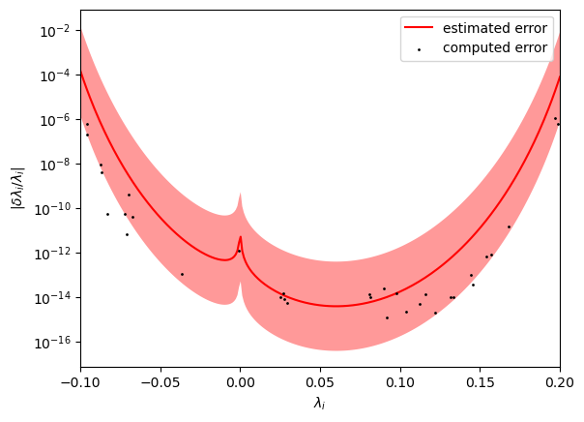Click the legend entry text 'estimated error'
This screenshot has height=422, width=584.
pyautogui.click(x=495, y=28)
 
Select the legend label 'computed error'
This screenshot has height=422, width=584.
pyautogui.click(x=495, y=47)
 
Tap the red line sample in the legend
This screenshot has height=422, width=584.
pyautogui.click(x=419, y=27)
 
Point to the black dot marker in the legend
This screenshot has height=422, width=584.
pyautogui.click(x=419, y=49)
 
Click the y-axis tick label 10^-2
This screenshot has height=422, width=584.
pyautogui.click(x=56, y=31)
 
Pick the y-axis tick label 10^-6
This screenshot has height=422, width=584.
pyautogui.click(x=56, y=120)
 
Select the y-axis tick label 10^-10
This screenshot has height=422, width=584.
pyautogui.click(x=53, y=209)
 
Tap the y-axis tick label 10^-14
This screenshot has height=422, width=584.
pyautogui.click(x=53, y=298)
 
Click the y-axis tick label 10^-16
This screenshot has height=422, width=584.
pyautogui.click(x=53, y=343)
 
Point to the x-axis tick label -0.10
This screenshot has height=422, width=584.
pyautogui.click(x=80, y=382)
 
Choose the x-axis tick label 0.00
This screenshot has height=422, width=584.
pyautogui.click(x=240, y=382)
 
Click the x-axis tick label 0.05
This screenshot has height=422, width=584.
pyautogui.click(x=320, y=382)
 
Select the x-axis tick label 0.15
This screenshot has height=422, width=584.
pyautogui.click(x=481, y=382)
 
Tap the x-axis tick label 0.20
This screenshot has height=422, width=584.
pyautogui.click(x=560, y=382)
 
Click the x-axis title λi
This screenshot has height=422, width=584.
pyautogui.click(x=319, y=403)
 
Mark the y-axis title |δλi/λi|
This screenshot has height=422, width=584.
pyautogui.click(x=17, y=188)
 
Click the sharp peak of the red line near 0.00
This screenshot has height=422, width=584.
pyautogui.click(x=241, y=236)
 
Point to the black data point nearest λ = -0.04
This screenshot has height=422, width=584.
pyautogui.click(x=182, y=274)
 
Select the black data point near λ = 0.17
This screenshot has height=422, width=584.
pyautogui.click(x=509, y=227)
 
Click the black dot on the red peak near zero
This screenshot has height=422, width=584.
pyautogui.click(x=239, y=251)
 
